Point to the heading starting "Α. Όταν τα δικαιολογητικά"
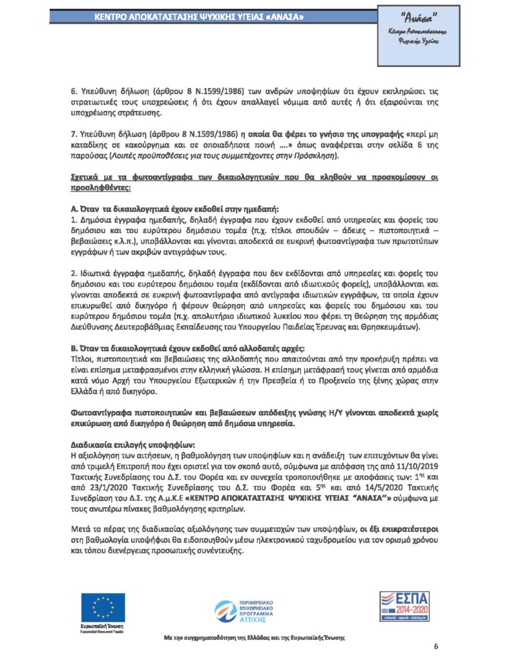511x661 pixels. click(174, 209)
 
